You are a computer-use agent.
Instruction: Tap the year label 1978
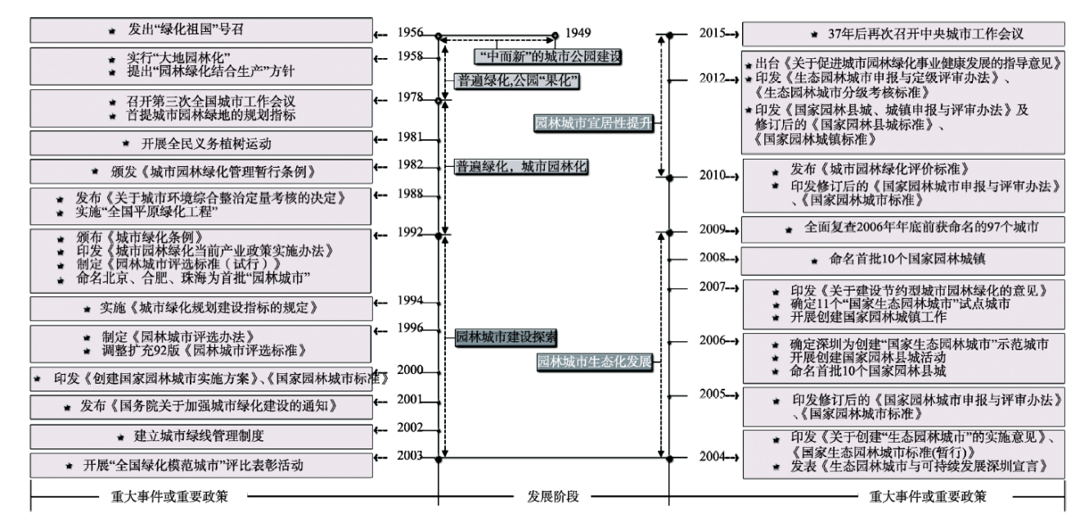pyautogui.click(x=410, y=97)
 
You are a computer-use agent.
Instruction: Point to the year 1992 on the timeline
pyautogui.click(x=410, y=232)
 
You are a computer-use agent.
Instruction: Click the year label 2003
pyautogui.click(x=410, y=456)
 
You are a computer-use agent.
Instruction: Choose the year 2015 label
pyautogui.click(x=716, y=34)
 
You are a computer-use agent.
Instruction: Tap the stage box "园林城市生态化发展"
pyautogui.click(x=596, y=361)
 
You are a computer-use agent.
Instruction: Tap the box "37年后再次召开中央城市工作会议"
pyautogui.click(x=903, y=34)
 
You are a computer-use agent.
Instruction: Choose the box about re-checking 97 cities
pyautogui.click(x=903, y=230)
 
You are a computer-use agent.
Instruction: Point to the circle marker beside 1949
pyautogui.click(x=555, y=35)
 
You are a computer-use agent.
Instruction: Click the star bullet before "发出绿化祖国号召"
pyautogui.click(x=111, y=30)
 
